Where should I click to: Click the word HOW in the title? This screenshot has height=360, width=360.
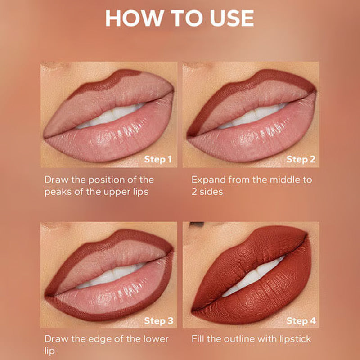tap(135, 18)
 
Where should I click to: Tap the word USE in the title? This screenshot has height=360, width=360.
tap(232, 18)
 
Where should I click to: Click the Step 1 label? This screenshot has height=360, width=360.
tap(158, 159)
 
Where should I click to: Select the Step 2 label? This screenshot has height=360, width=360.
tap(301, 159)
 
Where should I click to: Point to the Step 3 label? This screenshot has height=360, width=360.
tap(158, 321)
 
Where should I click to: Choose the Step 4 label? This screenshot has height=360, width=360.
tap(301, 321)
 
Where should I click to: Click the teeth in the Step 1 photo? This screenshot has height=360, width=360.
tap(110, 116)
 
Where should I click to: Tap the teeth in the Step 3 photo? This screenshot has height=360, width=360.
tap(110, 275)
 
